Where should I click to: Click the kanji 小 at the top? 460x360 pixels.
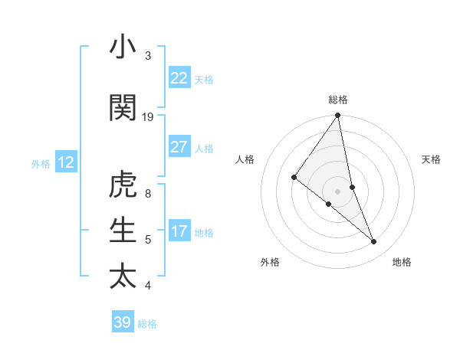point(123,47)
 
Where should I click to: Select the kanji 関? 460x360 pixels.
point(123,107)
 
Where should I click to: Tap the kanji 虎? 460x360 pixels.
point(123,184)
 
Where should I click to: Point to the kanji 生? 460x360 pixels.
point(123,230)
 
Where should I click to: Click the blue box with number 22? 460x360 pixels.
point(179,78)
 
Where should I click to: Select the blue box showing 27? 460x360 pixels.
point(179,147)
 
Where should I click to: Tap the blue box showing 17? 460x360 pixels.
point(179,231)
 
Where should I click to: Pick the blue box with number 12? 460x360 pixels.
point(66,162)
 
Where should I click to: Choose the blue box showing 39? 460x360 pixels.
point(123,322)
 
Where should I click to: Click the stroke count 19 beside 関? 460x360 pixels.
point(148,116)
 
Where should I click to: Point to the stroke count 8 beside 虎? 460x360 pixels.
point(148,193)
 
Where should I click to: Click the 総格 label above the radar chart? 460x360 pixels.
point(338,100)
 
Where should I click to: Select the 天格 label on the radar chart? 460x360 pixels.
point(432,159)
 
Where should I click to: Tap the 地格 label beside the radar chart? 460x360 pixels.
point(402,262)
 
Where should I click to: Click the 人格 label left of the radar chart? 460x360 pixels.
point(245,159)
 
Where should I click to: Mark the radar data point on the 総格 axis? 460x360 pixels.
point(338,116)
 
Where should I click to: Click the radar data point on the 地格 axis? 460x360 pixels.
point(374,241)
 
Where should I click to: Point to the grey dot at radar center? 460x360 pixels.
point(338,191)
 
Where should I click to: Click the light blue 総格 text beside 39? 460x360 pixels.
point(147,324)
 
